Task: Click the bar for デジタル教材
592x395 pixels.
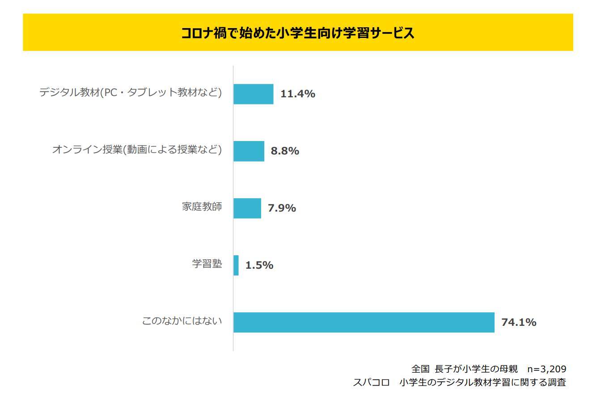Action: coord(253,94)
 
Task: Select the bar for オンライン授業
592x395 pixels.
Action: coord(249,151)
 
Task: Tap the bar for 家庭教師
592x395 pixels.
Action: coord(247,208)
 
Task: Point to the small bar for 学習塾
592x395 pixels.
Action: coord(236,265)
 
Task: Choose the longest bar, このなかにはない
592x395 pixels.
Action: coord(364,322)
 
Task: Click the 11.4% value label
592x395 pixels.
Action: coord(297,94)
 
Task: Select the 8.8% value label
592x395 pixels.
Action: coord(285,151)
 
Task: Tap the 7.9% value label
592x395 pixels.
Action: coord(282,208)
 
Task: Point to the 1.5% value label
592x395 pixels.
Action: coord(259,265)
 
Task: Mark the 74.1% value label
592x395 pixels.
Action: coord(519,322)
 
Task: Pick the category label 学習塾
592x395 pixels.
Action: coord(207,264)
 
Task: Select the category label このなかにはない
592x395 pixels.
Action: coord(182,321)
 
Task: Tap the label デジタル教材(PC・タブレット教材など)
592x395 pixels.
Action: coord(131,93)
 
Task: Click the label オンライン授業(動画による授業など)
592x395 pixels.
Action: coord(137,150)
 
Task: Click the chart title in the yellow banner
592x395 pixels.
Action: coord(298,33)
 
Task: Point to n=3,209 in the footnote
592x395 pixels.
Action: coord(547,369)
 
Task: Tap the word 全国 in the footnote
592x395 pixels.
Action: coord(420,369)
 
